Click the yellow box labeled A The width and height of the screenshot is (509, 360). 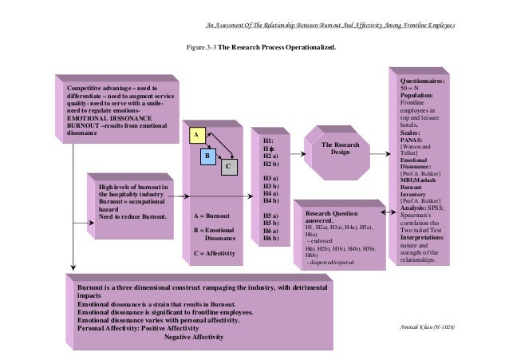(193, 136)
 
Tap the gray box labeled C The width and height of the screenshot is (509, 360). (227, 166)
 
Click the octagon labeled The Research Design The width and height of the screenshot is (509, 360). (341, 148)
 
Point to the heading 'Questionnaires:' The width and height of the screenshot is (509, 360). (422, 81)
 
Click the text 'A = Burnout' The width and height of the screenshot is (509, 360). (211, 216)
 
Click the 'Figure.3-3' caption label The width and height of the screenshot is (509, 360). (201, 47)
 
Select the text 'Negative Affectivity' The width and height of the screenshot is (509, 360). (194, 336)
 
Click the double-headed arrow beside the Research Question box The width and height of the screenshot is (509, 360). (387, 213)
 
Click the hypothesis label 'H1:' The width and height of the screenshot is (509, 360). (267, 140)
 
